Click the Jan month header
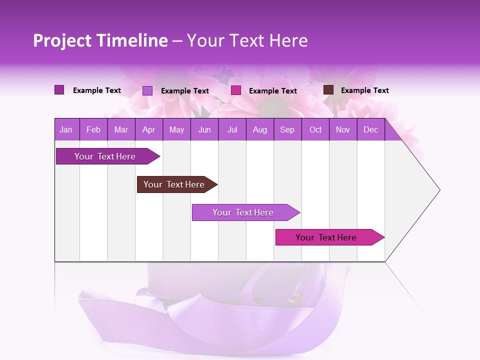click(66, 130)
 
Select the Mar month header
click(121, 130)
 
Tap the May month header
click(176, 130)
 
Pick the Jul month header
click(232, 130)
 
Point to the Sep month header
click(287, 130)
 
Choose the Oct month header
click(315, 130)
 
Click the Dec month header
click(370, 130)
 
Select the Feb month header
click(93, 130)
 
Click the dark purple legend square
click(59, 90)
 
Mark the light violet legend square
click(147, 90)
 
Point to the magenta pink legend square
click(236, 90)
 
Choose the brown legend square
click(328, 90)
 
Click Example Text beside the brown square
click(364, 90)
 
